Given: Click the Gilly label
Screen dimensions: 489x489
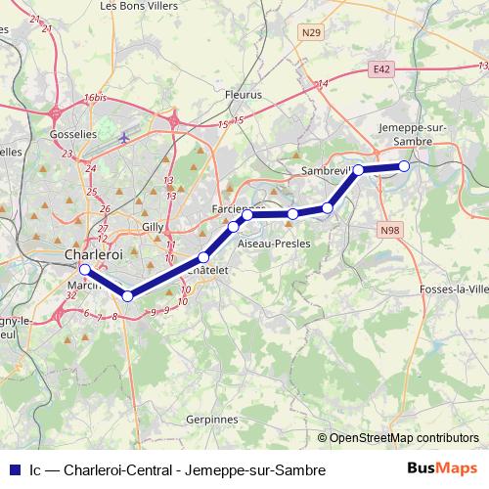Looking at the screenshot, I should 153,226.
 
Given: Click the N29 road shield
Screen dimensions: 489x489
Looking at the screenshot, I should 311,32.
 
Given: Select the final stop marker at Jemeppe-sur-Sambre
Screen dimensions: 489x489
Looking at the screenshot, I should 404,165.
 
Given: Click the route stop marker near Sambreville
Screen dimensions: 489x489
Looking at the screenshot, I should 359,170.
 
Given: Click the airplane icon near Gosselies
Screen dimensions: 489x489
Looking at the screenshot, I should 124,137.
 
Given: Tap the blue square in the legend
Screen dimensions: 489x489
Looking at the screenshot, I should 13,470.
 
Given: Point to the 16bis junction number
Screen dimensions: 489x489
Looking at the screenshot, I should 94,98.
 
